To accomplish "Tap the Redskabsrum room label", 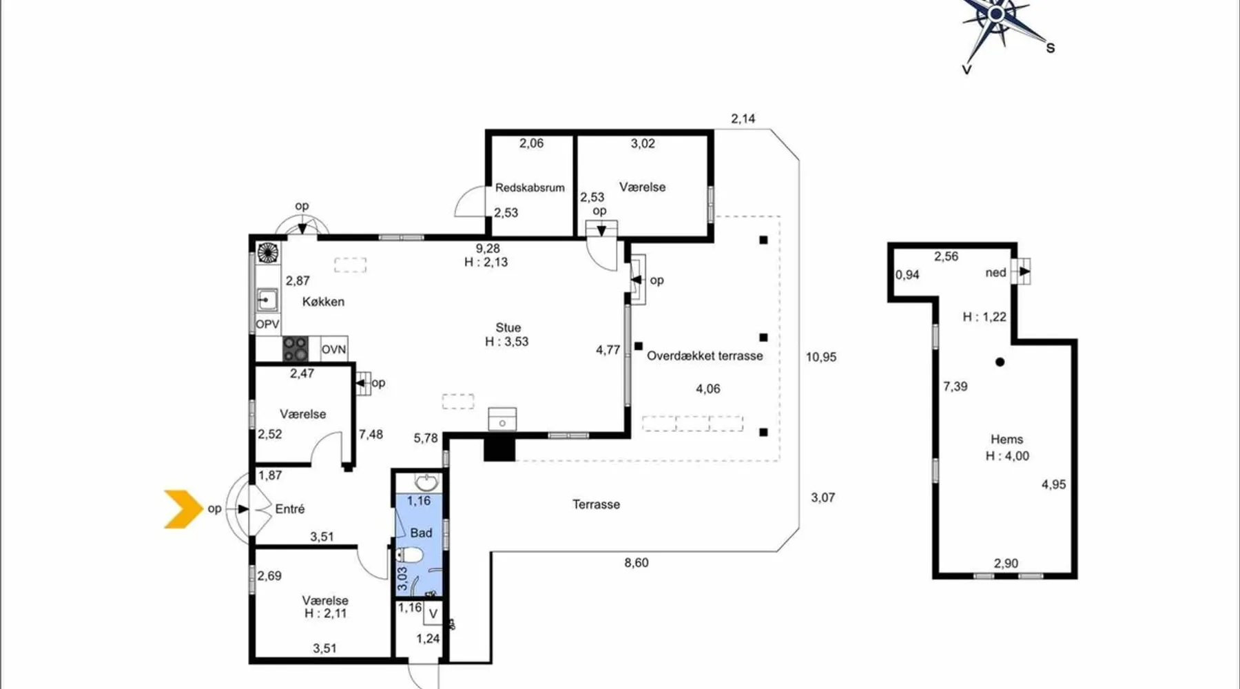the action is point(530,187).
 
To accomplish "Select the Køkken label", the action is point(323,302).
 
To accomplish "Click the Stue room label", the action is point(508,328).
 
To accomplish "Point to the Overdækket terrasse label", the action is point(705,356).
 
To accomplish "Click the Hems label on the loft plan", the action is point(1006,440).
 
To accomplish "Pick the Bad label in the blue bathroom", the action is point(421,533).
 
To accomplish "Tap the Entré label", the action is point(290,509).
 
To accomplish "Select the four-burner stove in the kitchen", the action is point(296,349).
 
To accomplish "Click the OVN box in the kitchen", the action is point(334,349).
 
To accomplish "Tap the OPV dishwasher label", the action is point(267,325).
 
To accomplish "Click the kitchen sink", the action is point(267,300).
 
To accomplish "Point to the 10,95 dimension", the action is point(821,357).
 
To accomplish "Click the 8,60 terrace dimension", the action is point(637,563).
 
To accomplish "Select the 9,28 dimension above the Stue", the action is point(488,249).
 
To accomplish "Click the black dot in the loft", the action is point(1000,362).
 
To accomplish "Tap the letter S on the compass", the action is point(1051,48).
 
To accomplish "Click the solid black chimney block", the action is point(499,448).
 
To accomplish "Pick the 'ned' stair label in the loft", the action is point(996,273).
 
